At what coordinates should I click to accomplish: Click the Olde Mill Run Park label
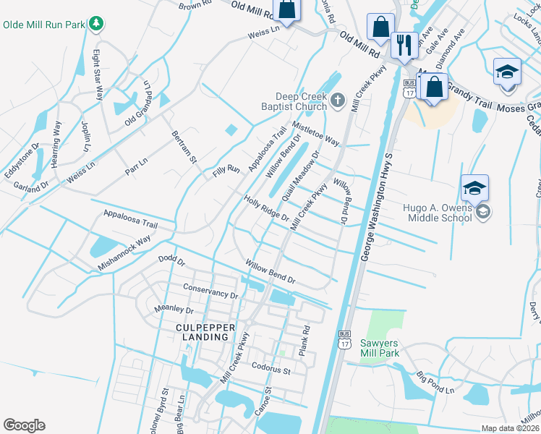click(x=43, y=25)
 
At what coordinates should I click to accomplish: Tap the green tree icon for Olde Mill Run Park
click(x=96, y=25)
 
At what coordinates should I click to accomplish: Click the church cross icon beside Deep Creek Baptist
click(x=338, y=102)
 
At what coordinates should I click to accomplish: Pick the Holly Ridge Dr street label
click(x=266, y=209)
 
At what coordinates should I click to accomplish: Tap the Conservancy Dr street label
click(x=210, y=291)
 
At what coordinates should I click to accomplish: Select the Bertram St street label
click(x=184, y=147)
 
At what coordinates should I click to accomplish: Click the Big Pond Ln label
click(x=435, y=384)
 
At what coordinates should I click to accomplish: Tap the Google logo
click(x=24, y=425)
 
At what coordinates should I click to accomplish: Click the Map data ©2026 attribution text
click(x=511, y=429)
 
